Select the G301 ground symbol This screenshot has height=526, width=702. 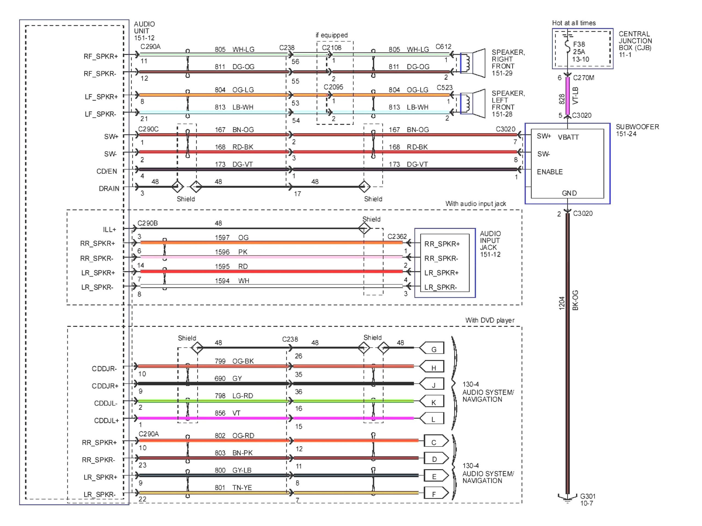click(567, 498)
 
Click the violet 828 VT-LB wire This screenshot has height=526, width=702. click(567, 96)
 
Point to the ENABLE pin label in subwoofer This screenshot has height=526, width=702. click(550, 172)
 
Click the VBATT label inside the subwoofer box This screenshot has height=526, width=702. click(568, 137)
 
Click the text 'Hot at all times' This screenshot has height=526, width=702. click(573, 23)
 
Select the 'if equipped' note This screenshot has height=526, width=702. click(332, 35)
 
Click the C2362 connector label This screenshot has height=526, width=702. click(397, 236)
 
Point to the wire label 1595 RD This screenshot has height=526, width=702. click(231, 266)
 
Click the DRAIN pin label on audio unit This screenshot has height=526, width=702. click(109, 189)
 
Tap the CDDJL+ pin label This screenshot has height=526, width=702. click(106, 421)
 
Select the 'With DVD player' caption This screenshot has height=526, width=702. click(490, 320)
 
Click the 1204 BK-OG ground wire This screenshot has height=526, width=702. click(568, 349)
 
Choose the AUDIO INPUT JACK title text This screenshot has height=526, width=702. click(490, 244)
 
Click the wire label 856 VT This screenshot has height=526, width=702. click(227, 413)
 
